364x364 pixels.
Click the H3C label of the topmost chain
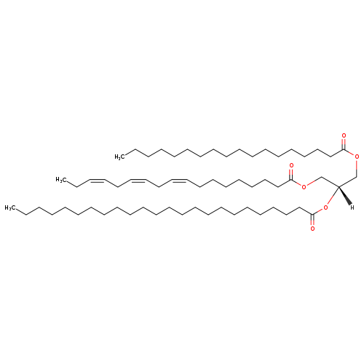(120, 157)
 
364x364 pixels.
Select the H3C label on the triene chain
(61, 180)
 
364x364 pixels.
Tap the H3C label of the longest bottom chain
(10, 208)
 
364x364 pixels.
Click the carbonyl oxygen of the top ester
(344, 135)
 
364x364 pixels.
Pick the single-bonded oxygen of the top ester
(357, 157)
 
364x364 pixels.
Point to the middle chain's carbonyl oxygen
(291, 165)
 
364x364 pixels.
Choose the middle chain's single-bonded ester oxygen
(304, 186)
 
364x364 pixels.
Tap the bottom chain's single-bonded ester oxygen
(326, 207)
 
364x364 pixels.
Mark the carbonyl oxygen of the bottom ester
(312, 229)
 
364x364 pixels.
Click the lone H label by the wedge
(352, 207)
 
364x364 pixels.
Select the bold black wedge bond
(345, 196)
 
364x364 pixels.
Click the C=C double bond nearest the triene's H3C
(97, 181)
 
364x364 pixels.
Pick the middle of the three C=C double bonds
(138, 181)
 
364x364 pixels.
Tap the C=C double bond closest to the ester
(179, 181)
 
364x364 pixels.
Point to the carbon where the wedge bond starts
(339, 186)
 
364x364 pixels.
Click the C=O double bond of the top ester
(344, 144)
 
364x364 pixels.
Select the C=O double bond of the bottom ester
(312, 220)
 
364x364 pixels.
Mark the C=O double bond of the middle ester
(291, 174)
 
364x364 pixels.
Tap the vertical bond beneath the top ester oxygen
(357, 168)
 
